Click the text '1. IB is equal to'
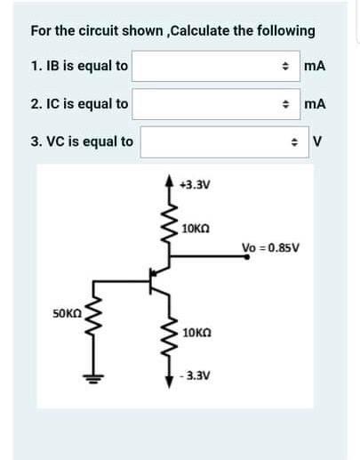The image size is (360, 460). pos(79,66)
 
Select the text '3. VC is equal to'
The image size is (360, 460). pos(82,141)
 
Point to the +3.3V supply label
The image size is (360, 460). pos(193,188)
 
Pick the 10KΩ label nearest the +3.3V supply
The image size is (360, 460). pos(196,229)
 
